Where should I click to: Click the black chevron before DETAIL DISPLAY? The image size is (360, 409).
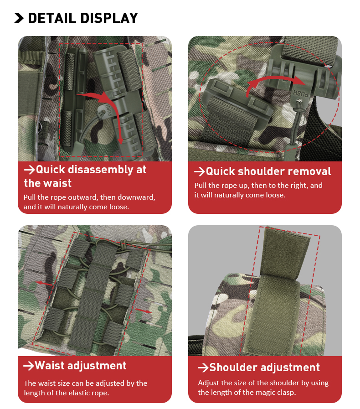[x=19, y=18]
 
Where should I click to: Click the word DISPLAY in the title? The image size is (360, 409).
[x=109, y=18]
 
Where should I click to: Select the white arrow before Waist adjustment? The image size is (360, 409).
[x=29, y=366]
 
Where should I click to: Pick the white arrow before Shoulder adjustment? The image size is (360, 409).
[x=203, y=368]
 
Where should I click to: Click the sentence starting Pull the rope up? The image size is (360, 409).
[x=258, y=190]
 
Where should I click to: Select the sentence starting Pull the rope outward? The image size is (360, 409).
[x=89, y=202]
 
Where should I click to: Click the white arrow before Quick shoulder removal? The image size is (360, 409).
[x=199, y=172]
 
